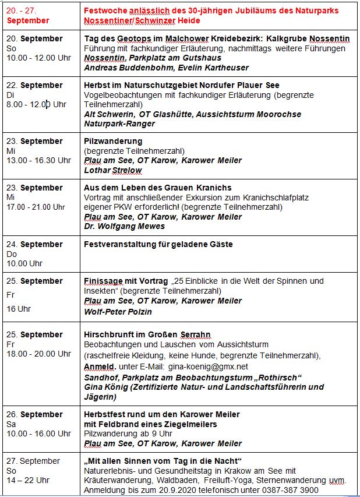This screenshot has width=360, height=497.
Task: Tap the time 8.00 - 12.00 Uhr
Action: click(36, 104)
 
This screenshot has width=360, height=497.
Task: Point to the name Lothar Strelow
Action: click(113, 170)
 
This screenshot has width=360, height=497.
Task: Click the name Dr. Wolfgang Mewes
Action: click(124, 226)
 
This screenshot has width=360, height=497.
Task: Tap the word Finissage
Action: click(103, 281)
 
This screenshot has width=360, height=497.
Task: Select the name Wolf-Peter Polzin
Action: click(118, 311)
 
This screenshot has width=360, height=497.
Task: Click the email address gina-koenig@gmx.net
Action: click(207, 366)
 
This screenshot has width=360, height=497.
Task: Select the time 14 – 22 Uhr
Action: click(29, 480)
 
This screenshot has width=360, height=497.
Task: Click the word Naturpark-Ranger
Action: click(119, 124)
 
